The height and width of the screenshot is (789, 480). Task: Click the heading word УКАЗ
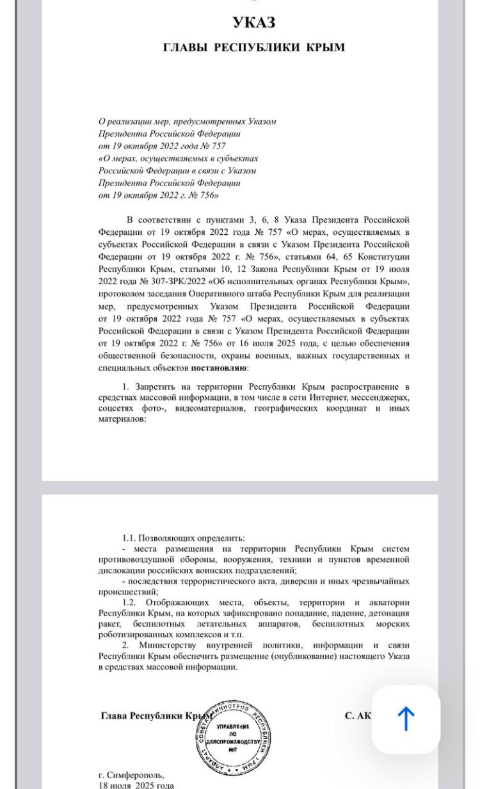tap(254, 23)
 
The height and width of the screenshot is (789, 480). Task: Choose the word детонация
tap(387, 613)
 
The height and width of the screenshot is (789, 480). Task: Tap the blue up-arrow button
tap(406, 719)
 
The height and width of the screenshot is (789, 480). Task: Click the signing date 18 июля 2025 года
tap(136, 785)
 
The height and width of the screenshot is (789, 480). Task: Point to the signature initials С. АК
tap(358, 715)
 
